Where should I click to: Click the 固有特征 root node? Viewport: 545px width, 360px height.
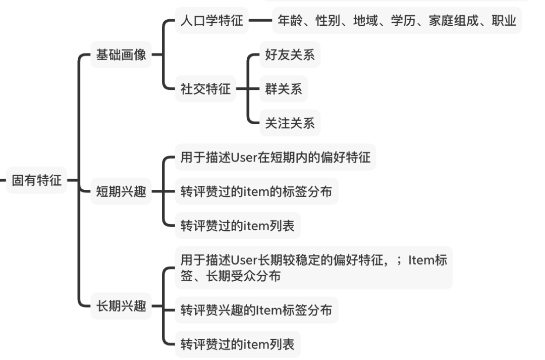[36, 180]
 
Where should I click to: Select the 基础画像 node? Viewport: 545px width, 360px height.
[121, 55]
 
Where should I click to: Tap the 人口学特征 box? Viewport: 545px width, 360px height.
[212, 21]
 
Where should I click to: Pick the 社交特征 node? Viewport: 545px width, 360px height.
[205, 89]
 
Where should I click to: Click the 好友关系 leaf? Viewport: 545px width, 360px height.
[290, 55]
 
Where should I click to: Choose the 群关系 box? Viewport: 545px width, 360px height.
[283, 89]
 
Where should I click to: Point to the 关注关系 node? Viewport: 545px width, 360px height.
[290, 123]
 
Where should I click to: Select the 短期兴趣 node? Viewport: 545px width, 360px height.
[121, 192]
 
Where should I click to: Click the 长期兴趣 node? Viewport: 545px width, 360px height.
[121, 306]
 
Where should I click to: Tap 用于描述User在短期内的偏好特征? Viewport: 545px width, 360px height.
[276, 158]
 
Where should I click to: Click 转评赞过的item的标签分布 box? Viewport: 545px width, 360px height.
[256, 192]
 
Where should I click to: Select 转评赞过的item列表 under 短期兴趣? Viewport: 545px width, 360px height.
[237, 226]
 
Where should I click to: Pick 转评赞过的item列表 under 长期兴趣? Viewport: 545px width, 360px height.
[237, 345]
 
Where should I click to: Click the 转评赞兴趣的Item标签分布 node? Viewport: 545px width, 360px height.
[256, 310]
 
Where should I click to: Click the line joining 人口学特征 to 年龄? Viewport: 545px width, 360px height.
[260, 21]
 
